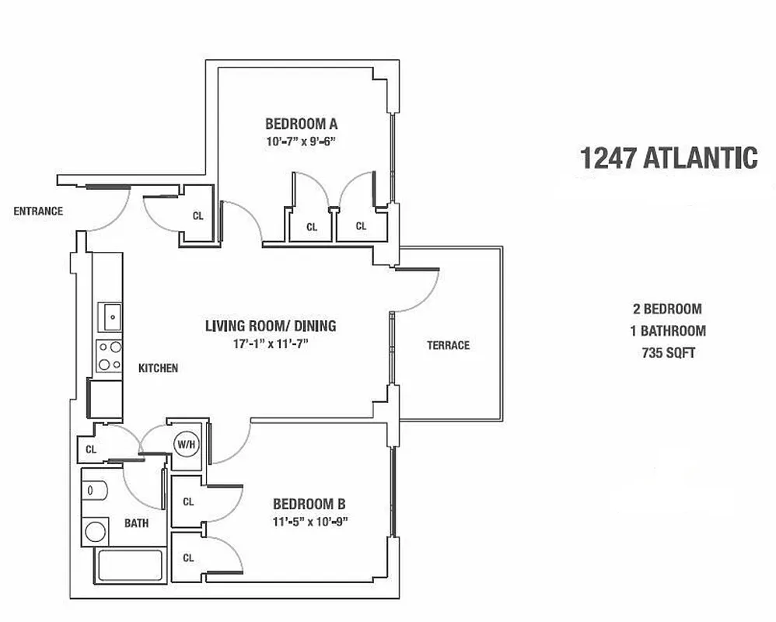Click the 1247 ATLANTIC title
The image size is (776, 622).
point(668,158)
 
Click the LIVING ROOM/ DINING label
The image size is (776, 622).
point(270,326)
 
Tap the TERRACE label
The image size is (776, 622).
point(448,345)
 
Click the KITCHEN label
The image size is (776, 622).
point(159,368)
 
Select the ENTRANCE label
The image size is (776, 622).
point(38,211)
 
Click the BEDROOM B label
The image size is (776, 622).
point(303,504)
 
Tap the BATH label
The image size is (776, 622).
point(136,523)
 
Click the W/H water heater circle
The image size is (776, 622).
point(185,444)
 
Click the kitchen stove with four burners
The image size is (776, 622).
point(109,355)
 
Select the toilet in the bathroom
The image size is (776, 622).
point(94,491)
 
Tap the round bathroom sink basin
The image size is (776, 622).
point(96,532)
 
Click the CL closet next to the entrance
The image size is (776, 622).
point(198,216)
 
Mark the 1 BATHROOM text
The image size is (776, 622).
point(668,330)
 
